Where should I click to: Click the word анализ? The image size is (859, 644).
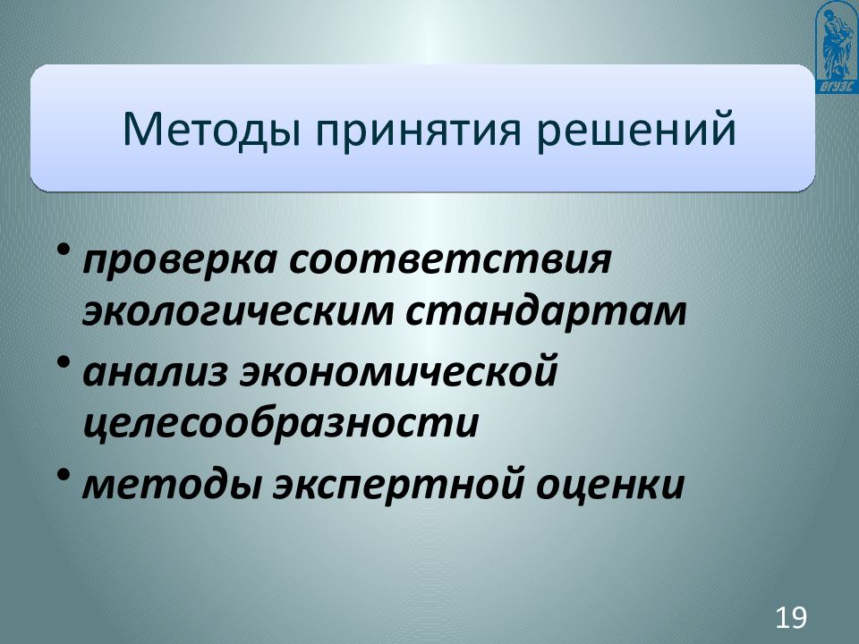coord(153,370)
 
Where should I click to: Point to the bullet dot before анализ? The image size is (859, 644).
coord(67,360)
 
